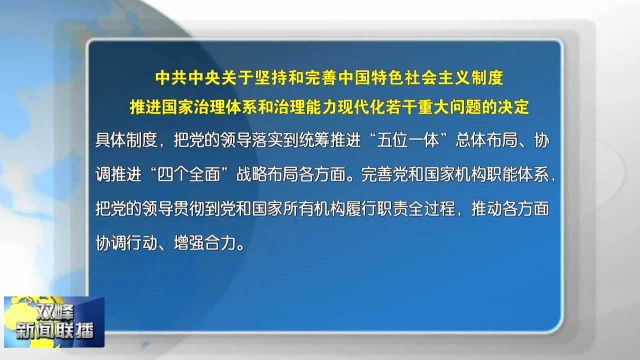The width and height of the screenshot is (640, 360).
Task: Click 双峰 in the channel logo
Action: (54, 312)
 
